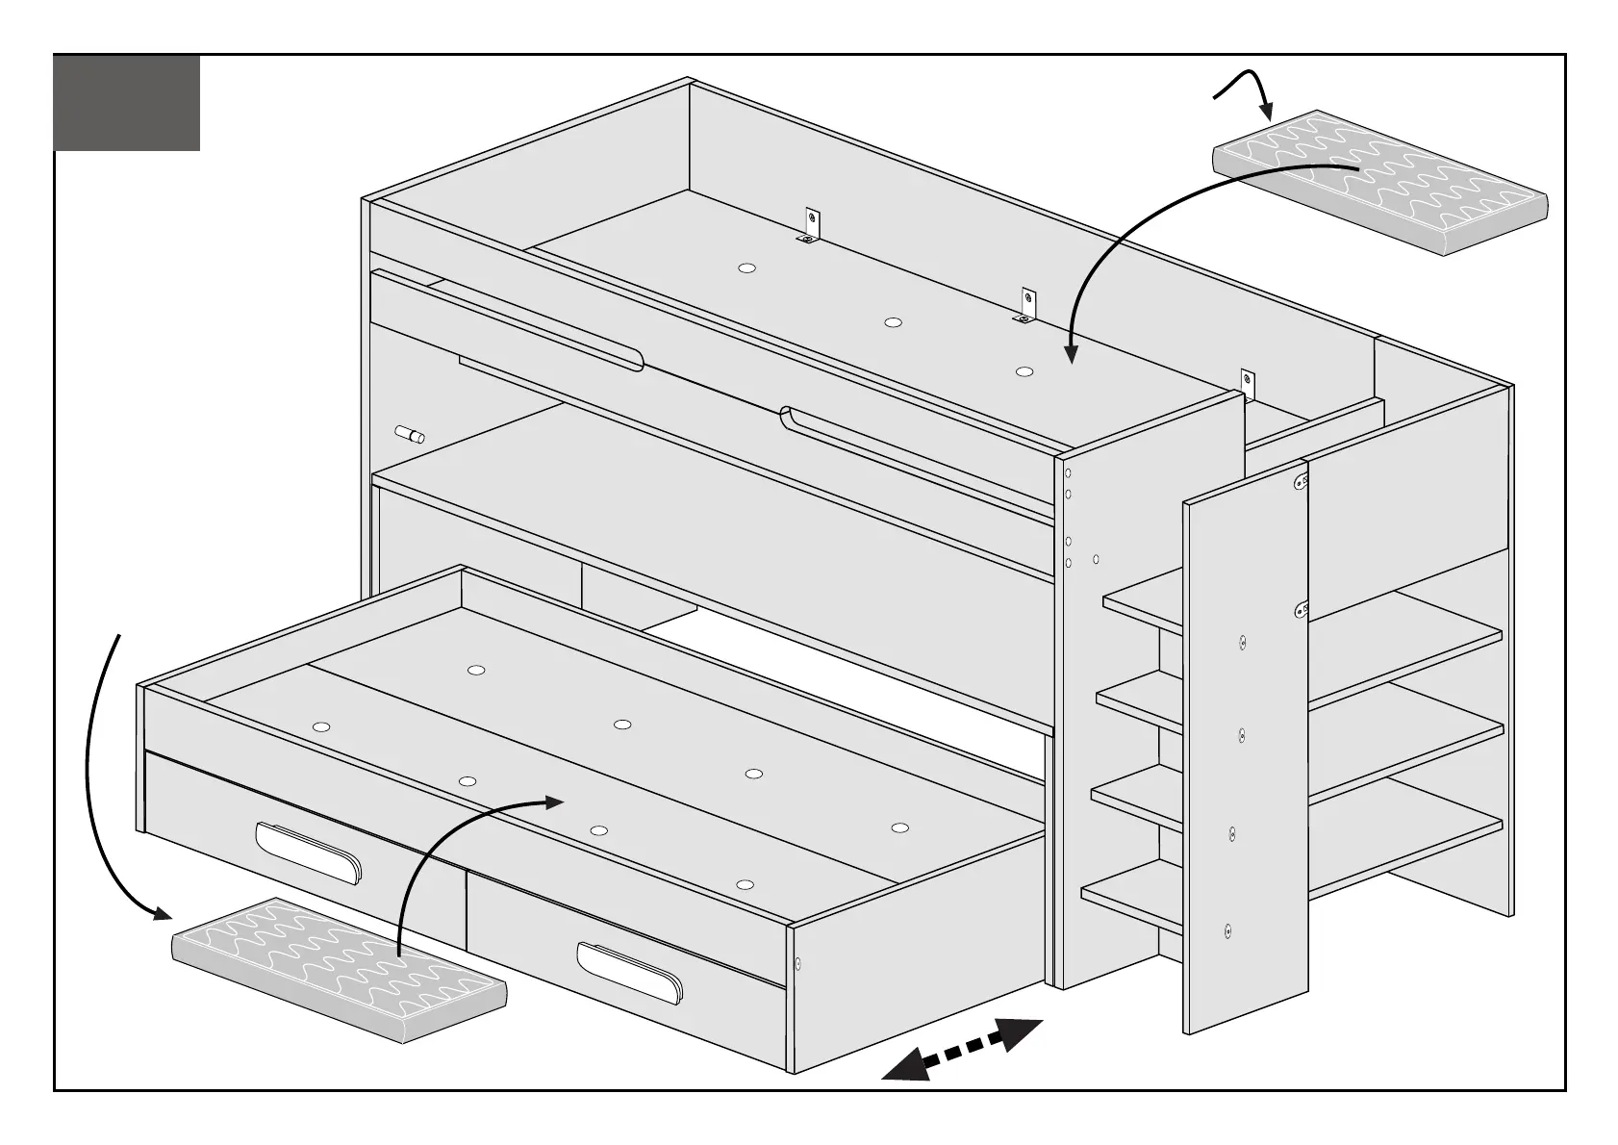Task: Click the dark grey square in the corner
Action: click(x=126, y=103)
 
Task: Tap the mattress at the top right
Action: click(x=1380, y=183)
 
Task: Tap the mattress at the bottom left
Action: click(x=339, y=971)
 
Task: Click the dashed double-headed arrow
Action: click(x=963, y=1050)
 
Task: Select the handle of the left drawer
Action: click(x=308, y=850)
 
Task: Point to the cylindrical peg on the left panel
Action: click(x=411, y=434)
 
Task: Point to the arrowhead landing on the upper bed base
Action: click(x=1071, y=354)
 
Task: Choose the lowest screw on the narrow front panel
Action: click(x=1227, y=930)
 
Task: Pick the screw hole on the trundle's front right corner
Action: click(x=798, y=962)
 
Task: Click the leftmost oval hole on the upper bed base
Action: click(x=746, y=268)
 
